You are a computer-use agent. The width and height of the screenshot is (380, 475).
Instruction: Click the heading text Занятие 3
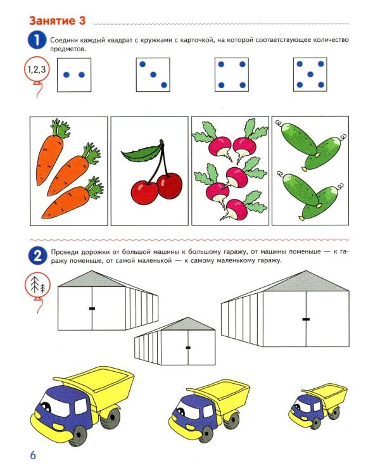(57, 21)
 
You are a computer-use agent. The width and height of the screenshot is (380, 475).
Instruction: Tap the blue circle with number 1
(37, 41)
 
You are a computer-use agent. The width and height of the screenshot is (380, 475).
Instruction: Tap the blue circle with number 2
(37, 256)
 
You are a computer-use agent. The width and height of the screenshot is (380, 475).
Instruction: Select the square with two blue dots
(74, 75)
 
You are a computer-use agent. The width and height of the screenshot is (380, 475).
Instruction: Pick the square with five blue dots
(310, 75)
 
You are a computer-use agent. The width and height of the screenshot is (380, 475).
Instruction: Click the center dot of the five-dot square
(310, 74)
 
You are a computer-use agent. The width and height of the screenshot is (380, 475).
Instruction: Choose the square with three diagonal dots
(153, 75)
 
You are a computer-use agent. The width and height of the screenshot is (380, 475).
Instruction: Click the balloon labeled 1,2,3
(37, 70)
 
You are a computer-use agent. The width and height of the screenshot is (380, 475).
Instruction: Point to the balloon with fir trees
(37, 285)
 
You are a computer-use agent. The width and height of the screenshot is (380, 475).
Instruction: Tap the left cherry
(144, 192)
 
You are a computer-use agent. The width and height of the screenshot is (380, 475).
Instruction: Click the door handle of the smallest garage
(188, 348)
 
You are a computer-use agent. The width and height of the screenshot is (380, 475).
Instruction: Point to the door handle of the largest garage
(306, 319)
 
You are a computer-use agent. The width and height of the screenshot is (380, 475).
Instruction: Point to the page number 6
(33, 455)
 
